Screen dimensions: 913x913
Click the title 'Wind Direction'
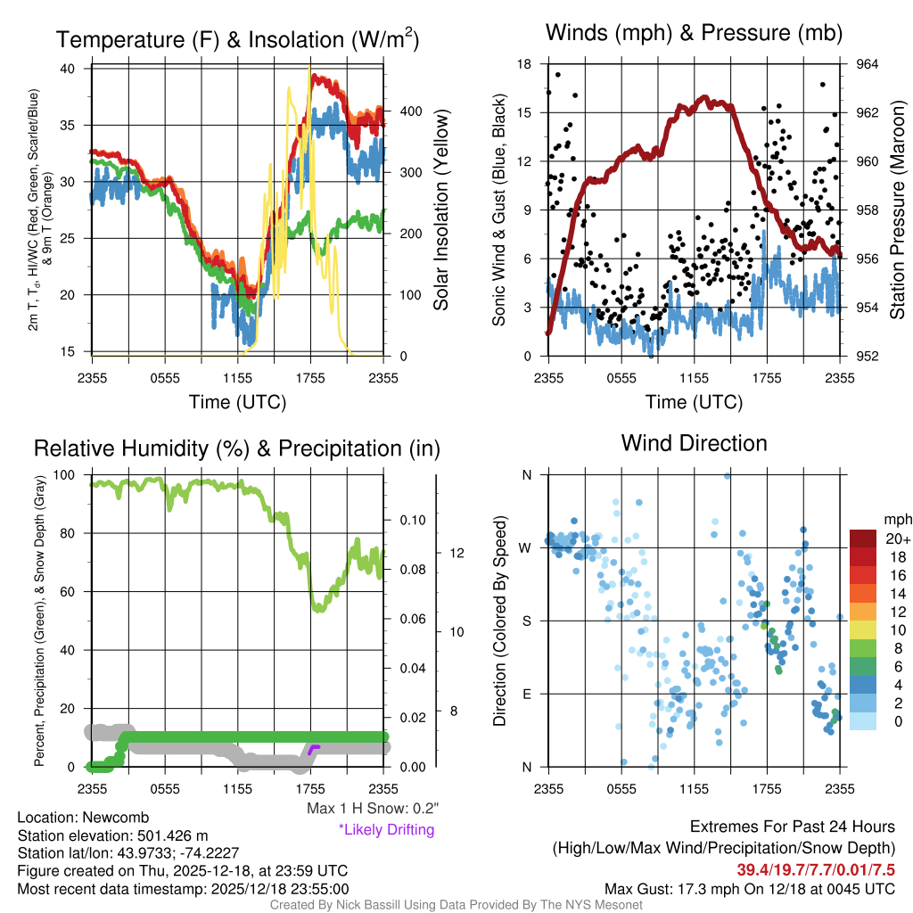[x=694, y=443]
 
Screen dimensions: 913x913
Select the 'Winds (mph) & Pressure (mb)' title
[x=694, y=34]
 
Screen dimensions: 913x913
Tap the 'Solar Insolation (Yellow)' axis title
[x=440, y=210]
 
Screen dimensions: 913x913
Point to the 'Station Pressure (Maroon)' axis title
[x=898, y=210]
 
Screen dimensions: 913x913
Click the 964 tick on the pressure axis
[x=868, y=64]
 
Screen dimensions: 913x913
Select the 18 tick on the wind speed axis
[x=525, y=64]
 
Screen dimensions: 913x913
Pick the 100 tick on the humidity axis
[x=72, y=475]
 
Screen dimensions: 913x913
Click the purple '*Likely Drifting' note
[x=386, y=829]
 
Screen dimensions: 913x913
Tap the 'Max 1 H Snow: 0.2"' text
[x=372, y=809]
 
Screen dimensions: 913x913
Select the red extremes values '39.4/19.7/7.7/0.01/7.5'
[x=815, y=869]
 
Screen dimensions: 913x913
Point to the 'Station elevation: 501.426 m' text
[x=112, y=835]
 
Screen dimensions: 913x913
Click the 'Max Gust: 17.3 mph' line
[x=749, y=888]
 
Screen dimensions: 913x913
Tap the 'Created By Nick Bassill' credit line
[x=456, y=905]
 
